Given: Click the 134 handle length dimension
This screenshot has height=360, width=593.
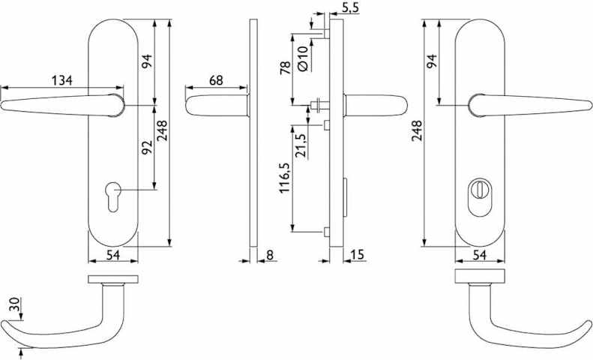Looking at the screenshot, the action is point(61,80).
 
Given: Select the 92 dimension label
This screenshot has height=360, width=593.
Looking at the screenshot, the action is point(147,147).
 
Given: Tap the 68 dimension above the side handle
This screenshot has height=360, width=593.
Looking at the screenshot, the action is point(216,80).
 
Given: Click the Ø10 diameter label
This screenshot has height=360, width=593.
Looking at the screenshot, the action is point(304,58).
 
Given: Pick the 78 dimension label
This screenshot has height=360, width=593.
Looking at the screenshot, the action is point(286,67).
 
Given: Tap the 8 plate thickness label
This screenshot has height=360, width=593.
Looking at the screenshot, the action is point(269,255).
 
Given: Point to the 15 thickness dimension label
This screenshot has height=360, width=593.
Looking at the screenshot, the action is point(357,255).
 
